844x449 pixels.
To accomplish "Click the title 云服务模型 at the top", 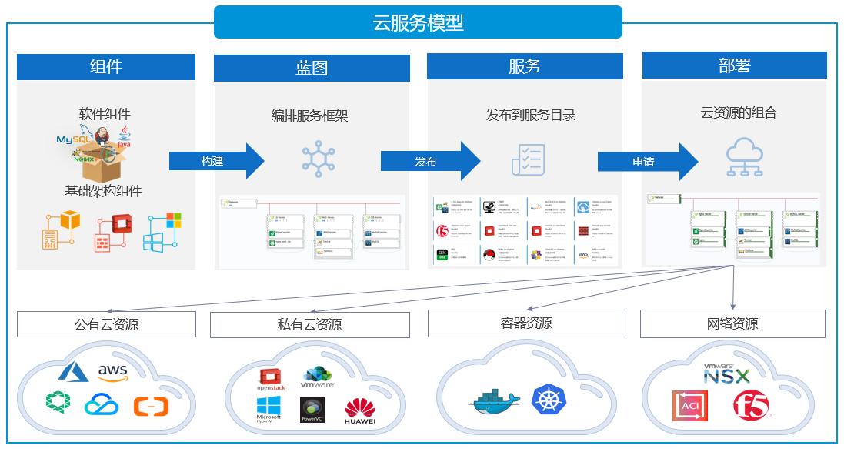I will point(418,22).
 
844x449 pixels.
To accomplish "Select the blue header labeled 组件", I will point(106,66).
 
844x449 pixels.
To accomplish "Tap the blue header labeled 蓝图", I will point(311,67).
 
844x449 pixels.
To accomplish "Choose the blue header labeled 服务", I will point(525,66).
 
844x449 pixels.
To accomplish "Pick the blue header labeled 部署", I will point(734,65).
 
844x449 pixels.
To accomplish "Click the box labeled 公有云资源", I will point(106,324).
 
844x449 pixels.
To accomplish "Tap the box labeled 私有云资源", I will point(309,324).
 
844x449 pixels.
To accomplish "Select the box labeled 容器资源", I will point(525,323).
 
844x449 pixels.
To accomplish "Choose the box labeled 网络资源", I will point(732,323).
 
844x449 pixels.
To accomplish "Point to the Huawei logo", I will point(360,410).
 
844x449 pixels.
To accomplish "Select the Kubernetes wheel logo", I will point(548,400).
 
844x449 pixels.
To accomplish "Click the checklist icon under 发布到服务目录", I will point(528,159).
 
